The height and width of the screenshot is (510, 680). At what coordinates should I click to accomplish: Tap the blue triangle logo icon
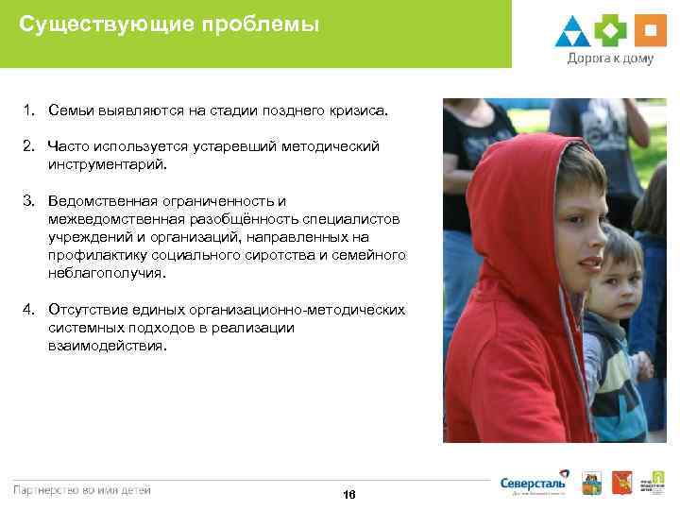[572, 31]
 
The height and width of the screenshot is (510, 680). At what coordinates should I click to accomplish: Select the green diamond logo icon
[611, 31]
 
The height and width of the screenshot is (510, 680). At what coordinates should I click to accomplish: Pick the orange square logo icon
[650, 31]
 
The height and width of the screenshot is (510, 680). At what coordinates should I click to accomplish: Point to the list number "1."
[30, 110]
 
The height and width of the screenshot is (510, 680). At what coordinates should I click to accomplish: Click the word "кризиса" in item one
[358, 110]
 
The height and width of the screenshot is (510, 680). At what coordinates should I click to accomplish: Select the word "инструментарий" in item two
[108, 164]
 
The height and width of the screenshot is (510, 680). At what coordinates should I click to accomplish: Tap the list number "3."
[30, 201]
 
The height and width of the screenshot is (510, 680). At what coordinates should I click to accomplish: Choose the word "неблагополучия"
[107, 273]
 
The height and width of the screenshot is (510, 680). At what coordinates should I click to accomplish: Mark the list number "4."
[30, 310]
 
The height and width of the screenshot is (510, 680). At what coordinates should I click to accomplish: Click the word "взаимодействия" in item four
[106, 346]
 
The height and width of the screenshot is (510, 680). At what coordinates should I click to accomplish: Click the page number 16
[349, 495]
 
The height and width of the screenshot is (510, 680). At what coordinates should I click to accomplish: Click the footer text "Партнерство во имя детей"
[81, 489]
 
